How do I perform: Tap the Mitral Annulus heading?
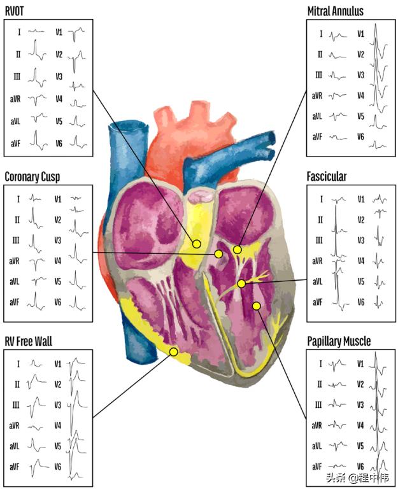(345, 11)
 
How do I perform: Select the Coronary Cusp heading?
(32, 176)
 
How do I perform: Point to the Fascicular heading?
(327, 176)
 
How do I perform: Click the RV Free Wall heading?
(29, 342)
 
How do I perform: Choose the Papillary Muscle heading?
(339, 342)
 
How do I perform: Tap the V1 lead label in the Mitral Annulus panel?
(360, 34)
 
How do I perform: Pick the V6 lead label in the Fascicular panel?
(360, 302)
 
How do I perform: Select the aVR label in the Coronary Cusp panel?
(15, 261)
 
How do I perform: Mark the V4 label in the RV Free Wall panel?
(58, 425)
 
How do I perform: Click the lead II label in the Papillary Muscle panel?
(320, 384)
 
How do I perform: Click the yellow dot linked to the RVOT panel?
(197, 244)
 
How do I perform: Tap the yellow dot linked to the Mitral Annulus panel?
(237, 250)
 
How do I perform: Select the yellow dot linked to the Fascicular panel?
(241, 283)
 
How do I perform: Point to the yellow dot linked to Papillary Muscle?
(256, 306)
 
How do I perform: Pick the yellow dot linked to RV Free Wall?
(173, 351)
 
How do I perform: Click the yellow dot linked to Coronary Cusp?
(218, 254)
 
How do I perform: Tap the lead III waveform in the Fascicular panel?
(337, 240)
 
